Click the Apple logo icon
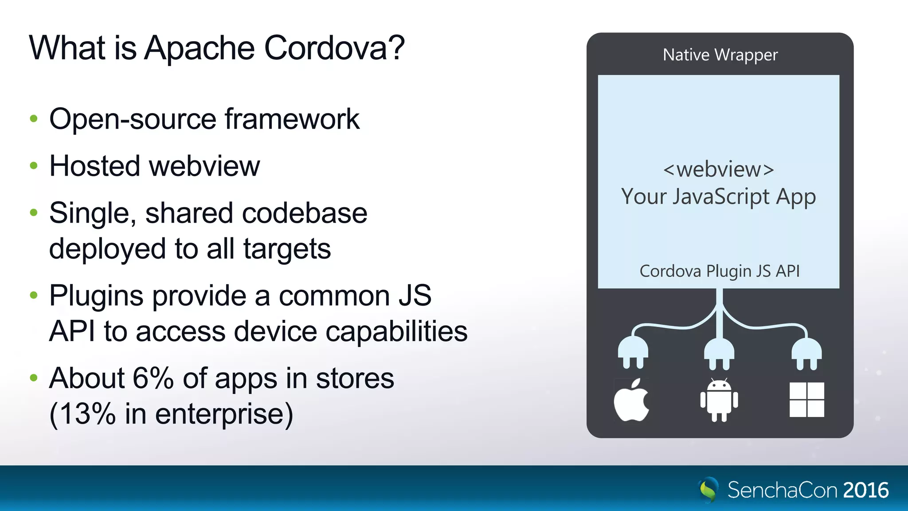coord(631,400)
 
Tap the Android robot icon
coord(719,400)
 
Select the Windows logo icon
coord(807,400)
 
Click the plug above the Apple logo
coord(633,353)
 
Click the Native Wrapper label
coord(720,55)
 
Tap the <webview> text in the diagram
coord(719,169)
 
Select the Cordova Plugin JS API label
coord(720,271)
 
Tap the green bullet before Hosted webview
coord(34,166)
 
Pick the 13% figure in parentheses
coord(87,414)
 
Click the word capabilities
coord(395,331)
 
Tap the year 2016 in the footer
coord(866,490)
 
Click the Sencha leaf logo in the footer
coord(708,490)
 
